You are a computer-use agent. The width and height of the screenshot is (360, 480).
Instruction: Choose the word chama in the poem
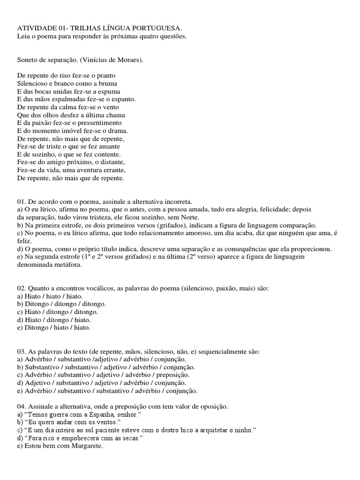(115, 115)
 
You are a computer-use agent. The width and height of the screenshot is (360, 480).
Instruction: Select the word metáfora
(68, 265)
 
